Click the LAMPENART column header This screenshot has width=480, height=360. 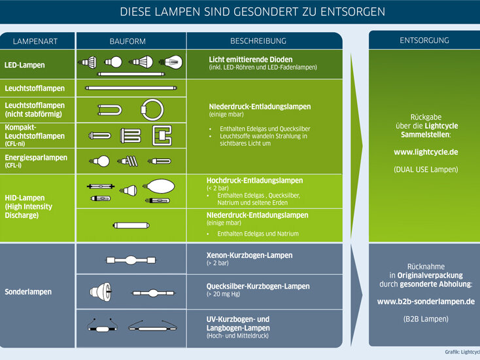point(35,41)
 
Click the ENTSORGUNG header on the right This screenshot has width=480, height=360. point(424,41)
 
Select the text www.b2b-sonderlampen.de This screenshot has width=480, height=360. point(425,302)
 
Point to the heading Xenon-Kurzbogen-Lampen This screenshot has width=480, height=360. point(249,255)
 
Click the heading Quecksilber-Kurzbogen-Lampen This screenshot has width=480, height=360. point(258,286)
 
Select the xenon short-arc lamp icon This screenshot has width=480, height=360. point(131,261)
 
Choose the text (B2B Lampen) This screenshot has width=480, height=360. point(425,319)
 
